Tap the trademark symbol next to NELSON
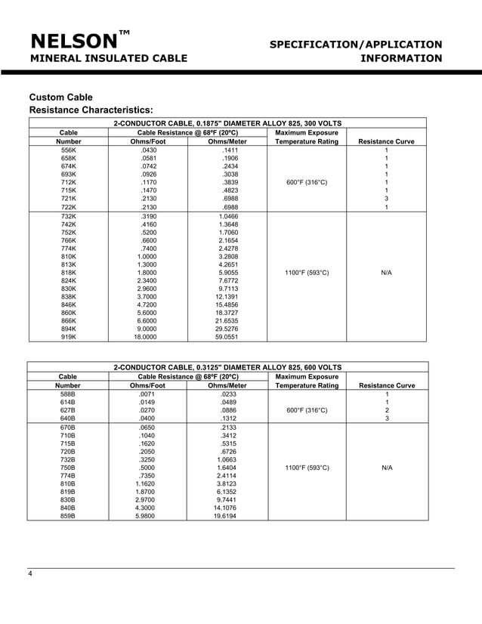click(125, 32)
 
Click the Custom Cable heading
click(60, 97)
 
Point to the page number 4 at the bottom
click(30, 576)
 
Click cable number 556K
click(69, 151)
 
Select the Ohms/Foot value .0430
click(148, 151)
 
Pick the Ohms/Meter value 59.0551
click(227, 338)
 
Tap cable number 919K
click(69, 338)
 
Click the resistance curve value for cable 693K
click(386, 174)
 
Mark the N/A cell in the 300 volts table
click(386, 272)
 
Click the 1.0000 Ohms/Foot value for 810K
click(148, 257)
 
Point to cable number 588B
click(69, 394)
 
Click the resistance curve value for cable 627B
click(386, 410)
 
